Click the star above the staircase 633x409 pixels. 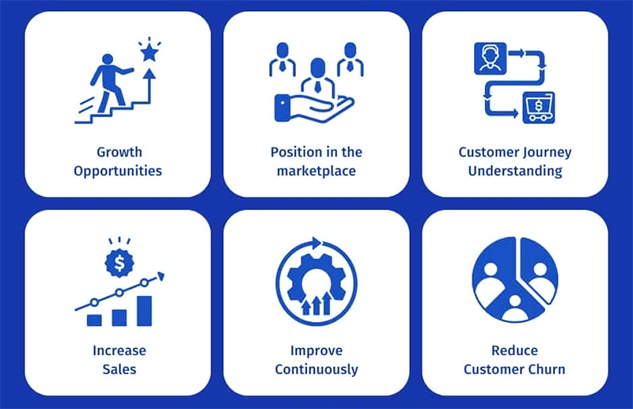[x=150, y=52]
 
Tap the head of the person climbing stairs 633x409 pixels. [x=108, y=59]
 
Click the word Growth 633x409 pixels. [x=119, y=152]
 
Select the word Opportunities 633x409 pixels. [x=118, y=171]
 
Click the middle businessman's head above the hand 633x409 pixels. [x=318, y=67]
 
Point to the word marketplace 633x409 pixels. [x=316, y=171]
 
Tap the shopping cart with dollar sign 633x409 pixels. [x=539, y=108]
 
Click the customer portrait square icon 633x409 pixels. [x=490, y=59]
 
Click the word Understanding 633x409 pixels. [x=515, y=171]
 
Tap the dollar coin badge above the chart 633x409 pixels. [x=119, y=263]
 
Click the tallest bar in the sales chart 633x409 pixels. [x=144, y=311]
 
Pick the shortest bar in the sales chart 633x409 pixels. [x=94, y=320]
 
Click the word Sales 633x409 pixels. [x=119, y=369]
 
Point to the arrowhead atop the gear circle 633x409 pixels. [x=317, y=243]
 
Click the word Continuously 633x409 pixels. [x=316, y=369]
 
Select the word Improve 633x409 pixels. [x=316, y=350]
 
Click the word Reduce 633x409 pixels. [x=515, y=350]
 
